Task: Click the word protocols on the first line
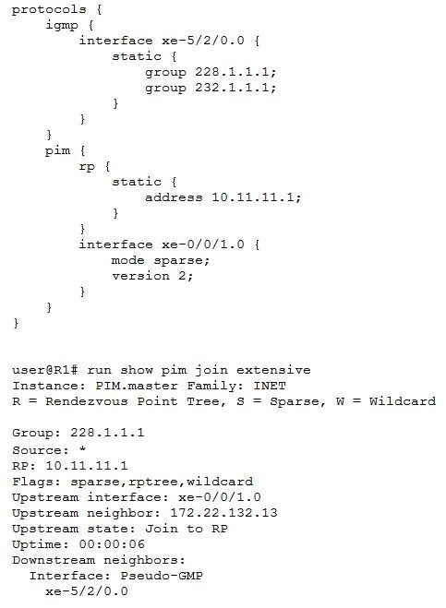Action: (49, 9)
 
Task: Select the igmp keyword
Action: (62, 26)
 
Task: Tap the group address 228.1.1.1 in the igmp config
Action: (235, 72)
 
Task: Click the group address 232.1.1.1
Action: (235, 88)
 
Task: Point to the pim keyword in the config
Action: (57, 150)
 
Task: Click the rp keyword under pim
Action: (87, 167)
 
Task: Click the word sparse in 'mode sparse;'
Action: (181, 260)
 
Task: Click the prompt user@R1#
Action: (44, 370)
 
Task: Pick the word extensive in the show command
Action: (273, 370)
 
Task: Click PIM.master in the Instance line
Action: (137, 386)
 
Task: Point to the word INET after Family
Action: (270, 386)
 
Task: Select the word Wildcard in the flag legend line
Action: (402, 401)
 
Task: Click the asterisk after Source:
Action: (82, 449)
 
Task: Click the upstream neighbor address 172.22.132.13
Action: (223, 513)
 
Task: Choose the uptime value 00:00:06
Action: (112, 544)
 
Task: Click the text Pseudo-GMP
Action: (162, 576)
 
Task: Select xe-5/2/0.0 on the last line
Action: (87, 591)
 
